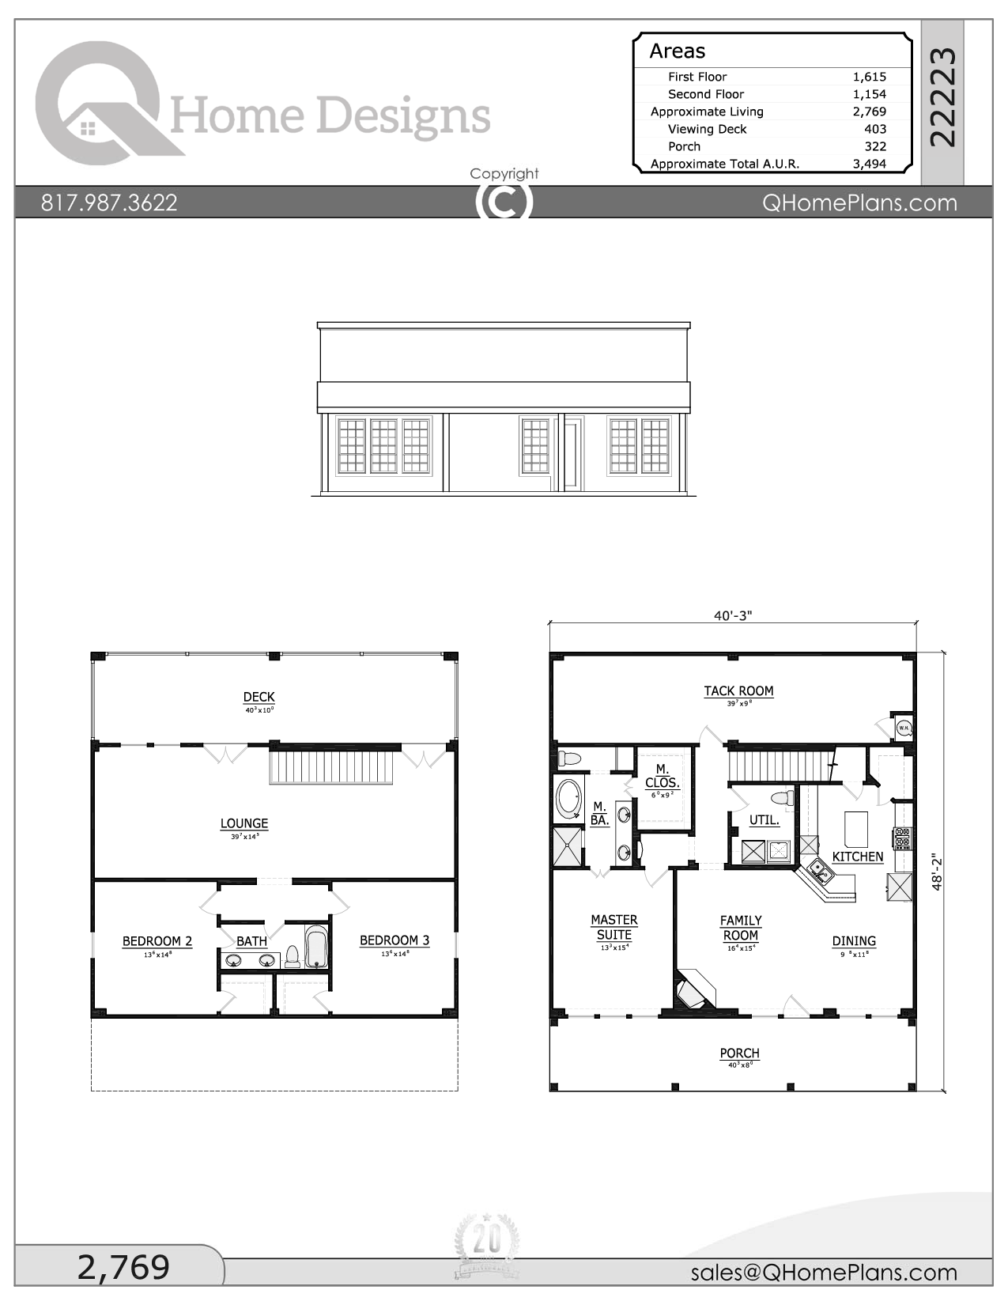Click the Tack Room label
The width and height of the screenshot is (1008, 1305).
(x=738, y=691)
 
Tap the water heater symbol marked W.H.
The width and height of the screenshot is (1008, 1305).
(x=904, y=727)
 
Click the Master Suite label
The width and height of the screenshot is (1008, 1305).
(x=613, y=927)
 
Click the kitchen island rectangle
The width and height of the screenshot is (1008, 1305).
(x=855, y=829)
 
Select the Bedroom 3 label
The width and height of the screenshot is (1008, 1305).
(x=394, y=940)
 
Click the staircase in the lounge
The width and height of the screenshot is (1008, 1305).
(x=331, y=766)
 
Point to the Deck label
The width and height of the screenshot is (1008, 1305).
(x=259, y=697)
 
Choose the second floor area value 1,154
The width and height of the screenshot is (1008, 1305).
(x=869, y=94)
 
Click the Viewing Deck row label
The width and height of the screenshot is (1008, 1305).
(x=707, y=129)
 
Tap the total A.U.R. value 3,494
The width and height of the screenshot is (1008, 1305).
(x=869, y=164)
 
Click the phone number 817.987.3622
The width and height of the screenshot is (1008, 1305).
(x=109, y=202)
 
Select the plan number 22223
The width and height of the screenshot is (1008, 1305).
(x=942, y=96)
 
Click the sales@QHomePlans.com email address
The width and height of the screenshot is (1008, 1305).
(x=823, y=1273)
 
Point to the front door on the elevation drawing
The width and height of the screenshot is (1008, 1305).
(x=572, y=455)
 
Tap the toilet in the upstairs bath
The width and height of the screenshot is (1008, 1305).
(x=293, y=957)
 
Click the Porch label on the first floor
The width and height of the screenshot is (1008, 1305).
(x=739, y=1053)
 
